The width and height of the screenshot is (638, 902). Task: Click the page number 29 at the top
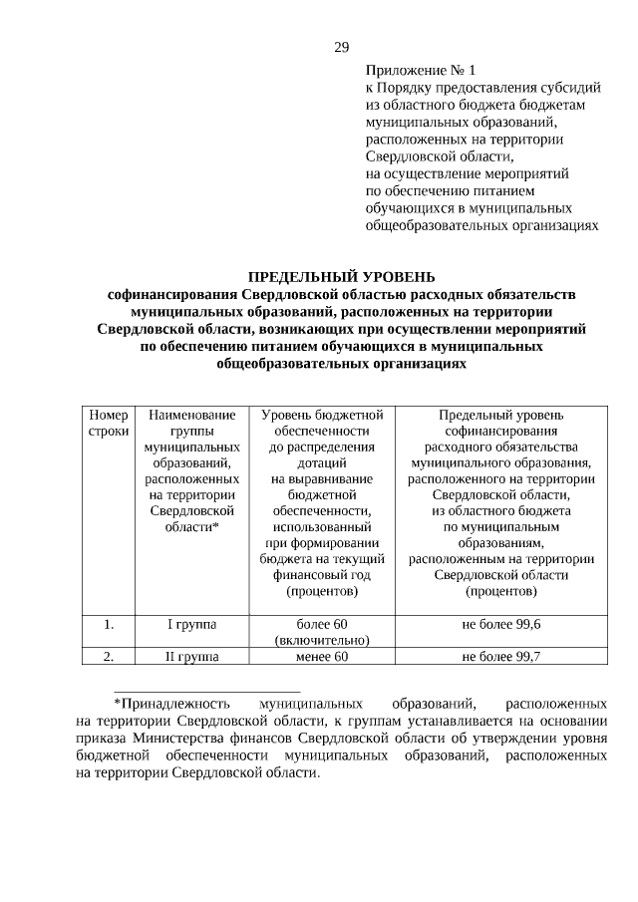pos(341,47)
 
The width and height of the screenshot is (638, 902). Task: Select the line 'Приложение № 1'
pos(422,71)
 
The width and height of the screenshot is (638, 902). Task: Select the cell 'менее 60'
pos(322,656)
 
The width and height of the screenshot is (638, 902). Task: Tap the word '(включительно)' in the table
pos(322,640)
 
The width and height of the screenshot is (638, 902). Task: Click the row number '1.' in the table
pos(109,624)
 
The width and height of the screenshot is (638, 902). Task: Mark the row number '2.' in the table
pos(109,656)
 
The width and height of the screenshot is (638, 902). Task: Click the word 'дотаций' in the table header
pos(322,462)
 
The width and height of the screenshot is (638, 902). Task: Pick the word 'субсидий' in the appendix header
pos(571,87)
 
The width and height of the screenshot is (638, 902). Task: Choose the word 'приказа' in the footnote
pos(99,738)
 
